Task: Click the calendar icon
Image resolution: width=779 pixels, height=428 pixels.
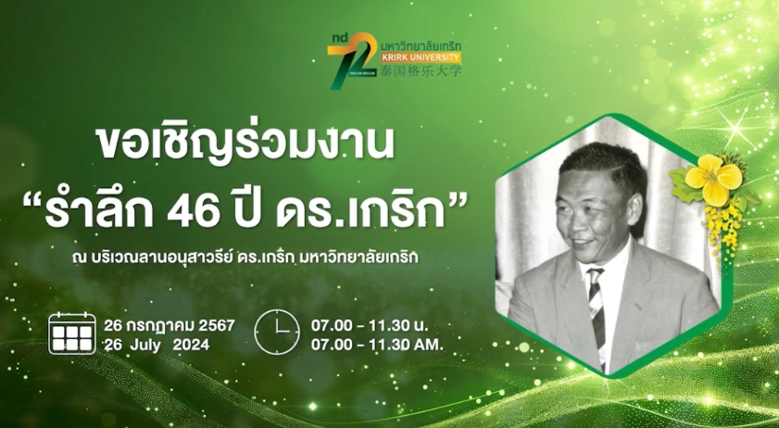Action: [x=72, y=334]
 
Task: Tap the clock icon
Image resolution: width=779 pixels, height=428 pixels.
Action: [x=277, y=332]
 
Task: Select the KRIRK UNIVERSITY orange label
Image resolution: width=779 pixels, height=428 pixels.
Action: [x=421, y=57]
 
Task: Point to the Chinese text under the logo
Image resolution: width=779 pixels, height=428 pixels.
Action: [x=421, y=70]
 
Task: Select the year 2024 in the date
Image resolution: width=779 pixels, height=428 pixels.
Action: [x=191, y=345]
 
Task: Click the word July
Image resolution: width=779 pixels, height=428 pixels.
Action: [x=145, y=345]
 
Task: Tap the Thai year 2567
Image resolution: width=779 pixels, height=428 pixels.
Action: [x=217, y=325]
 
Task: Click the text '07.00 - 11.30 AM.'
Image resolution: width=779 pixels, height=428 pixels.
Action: [x=377, y=345]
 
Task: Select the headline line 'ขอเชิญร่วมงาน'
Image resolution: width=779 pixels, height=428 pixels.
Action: [x=245, y=144]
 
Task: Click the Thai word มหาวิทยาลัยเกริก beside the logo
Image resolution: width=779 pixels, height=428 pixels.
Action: [x=421, y=46]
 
